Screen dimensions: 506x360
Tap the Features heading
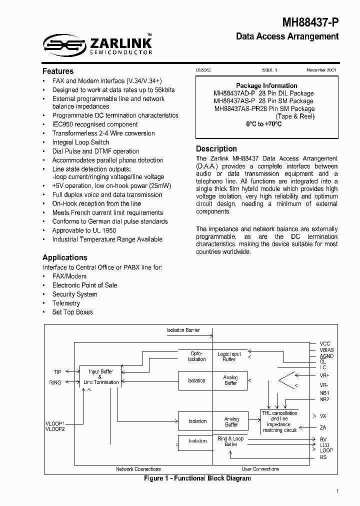58,71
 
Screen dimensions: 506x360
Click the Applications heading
65,257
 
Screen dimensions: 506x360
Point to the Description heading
216,148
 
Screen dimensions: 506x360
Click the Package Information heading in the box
266,85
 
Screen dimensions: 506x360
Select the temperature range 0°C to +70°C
264,124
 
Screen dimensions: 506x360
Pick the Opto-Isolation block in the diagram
196,356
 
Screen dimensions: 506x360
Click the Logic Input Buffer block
229,356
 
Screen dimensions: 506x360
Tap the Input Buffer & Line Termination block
101,377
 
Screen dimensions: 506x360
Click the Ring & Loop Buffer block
230,441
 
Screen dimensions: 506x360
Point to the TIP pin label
57,372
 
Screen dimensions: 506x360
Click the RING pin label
55,382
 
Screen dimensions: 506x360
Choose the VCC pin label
325,343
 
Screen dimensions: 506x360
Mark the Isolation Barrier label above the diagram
183,330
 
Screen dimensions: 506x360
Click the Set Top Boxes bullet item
72,312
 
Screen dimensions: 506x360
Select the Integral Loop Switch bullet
80,142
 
